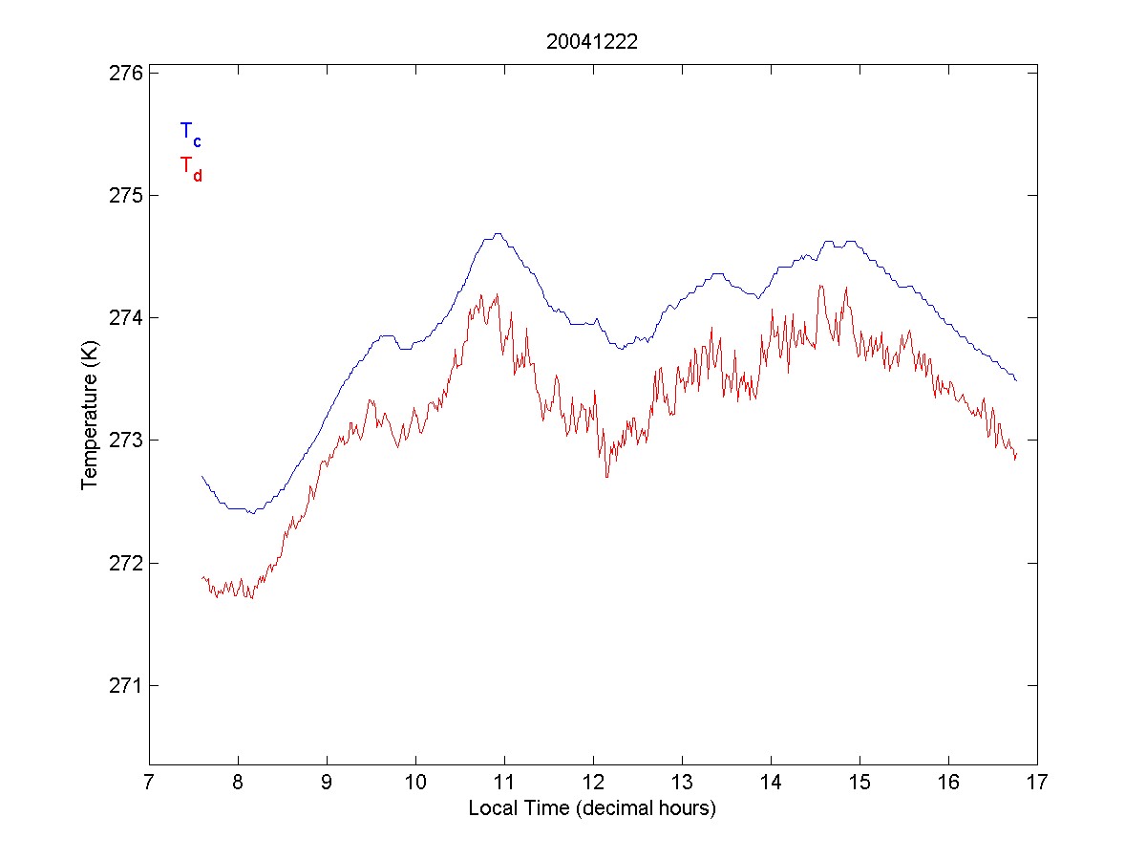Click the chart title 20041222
pyautogui.click(x=591, y=41)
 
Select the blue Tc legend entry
pyautogui.click(x=190, y=133)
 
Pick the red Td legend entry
pyautogui.click(x=190, y=167)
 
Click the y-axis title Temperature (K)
pyautogui.click(x=90, y=419)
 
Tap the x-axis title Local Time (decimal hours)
pyautogui.click(x=592, y=808)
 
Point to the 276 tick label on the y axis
pyautogui.click(x=122, y=73)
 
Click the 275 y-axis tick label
pyautogui.click(x=122, y=195)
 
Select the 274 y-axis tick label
pyautogui.click(x=122, y=317)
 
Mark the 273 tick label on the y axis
pyautogui.click(x=122, y=441)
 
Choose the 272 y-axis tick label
pyautogui.click(x=122, y=563)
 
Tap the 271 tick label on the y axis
pyautogui.click(x=122, y=685)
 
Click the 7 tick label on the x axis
pyautogui.click(x=149, y=784)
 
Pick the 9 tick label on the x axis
pyautogui.click(x=327, y=784)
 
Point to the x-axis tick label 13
pyautogui.click(x=682, y=784)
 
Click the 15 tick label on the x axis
pyautogui.click(x=859, y=784)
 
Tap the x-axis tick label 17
pyautogui.click(x=1037, y=784)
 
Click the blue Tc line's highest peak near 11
pyautogui.click(x=498, y=233)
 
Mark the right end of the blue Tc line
pyautogui.click(x=1017, y=380)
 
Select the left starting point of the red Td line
pyautogui.click(x=202, y=577)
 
